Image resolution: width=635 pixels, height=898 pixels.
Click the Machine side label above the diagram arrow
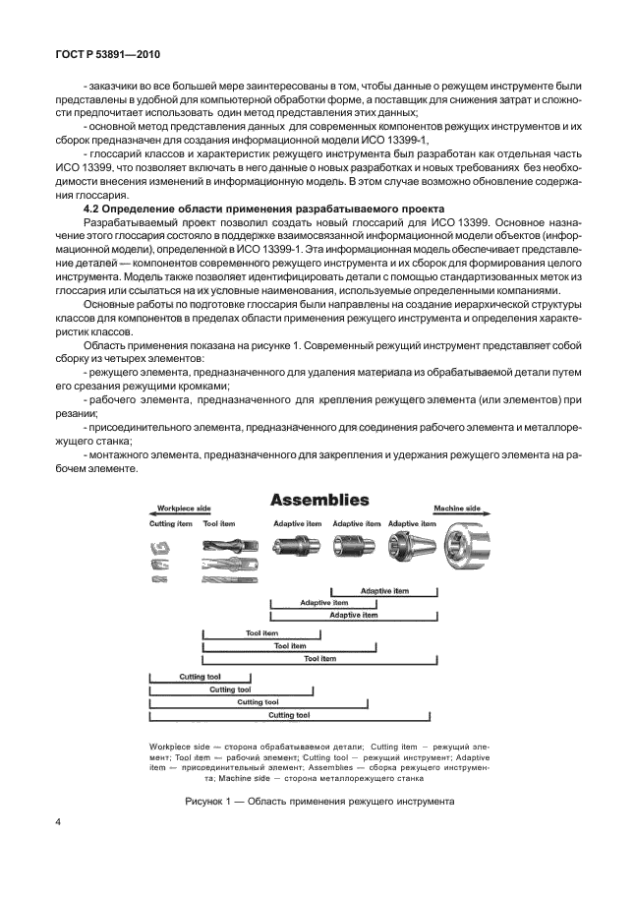point(457,509)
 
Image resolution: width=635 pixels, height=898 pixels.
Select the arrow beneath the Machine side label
point(457,515)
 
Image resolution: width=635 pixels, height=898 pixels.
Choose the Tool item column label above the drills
point(218,524)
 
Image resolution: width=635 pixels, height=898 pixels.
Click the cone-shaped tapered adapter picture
point(408,548)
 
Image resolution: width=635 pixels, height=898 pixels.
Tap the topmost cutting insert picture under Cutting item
point(160,544)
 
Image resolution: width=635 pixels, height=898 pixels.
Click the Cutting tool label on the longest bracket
point(289,715)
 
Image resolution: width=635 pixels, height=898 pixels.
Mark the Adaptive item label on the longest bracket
point(354,615)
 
